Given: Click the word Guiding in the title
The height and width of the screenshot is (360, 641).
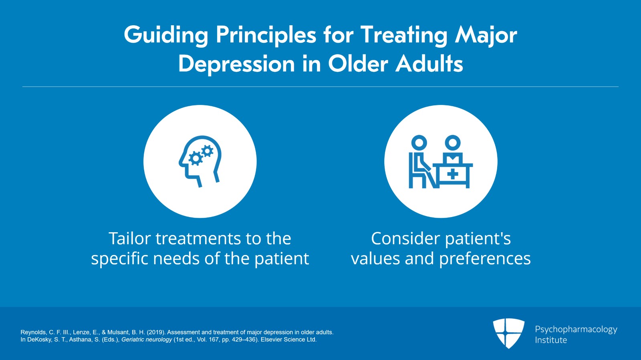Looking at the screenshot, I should pyautogui.click(x=166, y=35).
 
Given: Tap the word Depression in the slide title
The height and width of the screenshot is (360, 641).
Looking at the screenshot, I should pyautogui.click(x=236, y=64).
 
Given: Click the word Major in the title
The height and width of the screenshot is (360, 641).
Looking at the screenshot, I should pyautogui.click(x=486, y=35).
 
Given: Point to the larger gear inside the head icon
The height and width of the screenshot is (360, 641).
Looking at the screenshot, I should pyautogui.click(x=196, y=159).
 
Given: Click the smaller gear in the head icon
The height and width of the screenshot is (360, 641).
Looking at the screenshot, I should pyautogui.click(x=207, y=151).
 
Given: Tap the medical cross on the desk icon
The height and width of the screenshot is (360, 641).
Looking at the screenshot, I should pyautogui.click(x=453, y=174).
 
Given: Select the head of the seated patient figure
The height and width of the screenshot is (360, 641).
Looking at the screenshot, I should pyautogui.click(x=419, y=142).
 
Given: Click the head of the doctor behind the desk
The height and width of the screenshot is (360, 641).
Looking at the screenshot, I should pyautogui.click(x=453, y=142).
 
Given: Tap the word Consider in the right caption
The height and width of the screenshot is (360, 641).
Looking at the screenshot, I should pyautogui.click(x=405, y=239).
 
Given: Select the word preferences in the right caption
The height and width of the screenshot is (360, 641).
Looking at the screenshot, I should pyautogui.click(x=485, y=259).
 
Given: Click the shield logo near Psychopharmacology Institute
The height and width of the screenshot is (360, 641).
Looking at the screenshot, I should pyautogui.click(x=508, y=333).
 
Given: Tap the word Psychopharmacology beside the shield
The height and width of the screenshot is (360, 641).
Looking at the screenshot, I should pyautogui.click(x=576, y=329).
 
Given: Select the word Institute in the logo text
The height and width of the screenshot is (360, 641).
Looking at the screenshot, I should pyautogui.click(x=551, y=340).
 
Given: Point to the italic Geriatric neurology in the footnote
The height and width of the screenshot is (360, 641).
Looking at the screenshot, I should pyautogui.click(x=147, y=340).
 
